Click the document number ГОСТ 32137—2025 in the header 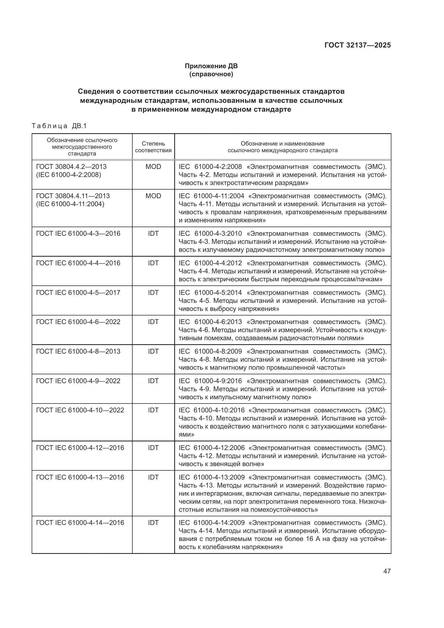pyautogui.click(x=357, y=45)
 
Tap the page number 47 pyautogui.click(x=387, y=571)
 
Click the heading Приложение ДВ pyautogui.click(x=211, y=66)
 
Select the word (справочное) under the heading pyautogui.click(x=211, y=74)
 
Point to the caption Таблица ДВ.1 pyautogui.click(x=59, y=126)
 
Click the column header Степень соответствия pyautogui.click(x=153, y=147)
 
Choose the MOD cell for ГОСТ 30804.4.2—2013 pyautogui.click(x=153, y=166)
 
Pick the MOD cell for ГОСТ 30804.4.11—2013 pyautogui.click(x=153, y=196)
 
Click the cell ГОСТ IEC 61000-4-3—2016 pyautogui.click(x=78, y=233)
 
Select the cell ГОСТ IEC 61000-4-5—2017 pyautogui.click(x=78, y=292)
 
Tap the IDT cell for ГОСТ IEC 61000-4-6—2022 pyautogui.click(x=153, y=322)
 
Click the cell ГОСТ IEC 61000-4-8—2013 pyautogui.click(x=78, y=351)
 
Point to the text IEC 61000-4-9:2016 pyautogui.click(x=210, y=381)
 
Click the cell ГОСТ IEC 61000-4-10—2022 pyautogui.click(x=80, y=410)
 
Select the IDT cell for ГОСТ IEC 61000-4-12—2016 pyautogui.click(x=153, y=448)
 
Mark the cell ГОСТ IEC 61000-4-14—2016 pyautogui.click(x=80, y=522)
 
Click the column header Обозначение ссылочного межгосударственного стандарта pyautogui.click(x=82, y=147)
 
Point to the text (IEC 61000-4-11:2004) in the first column pyautogui.click(x=70, y=204)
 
